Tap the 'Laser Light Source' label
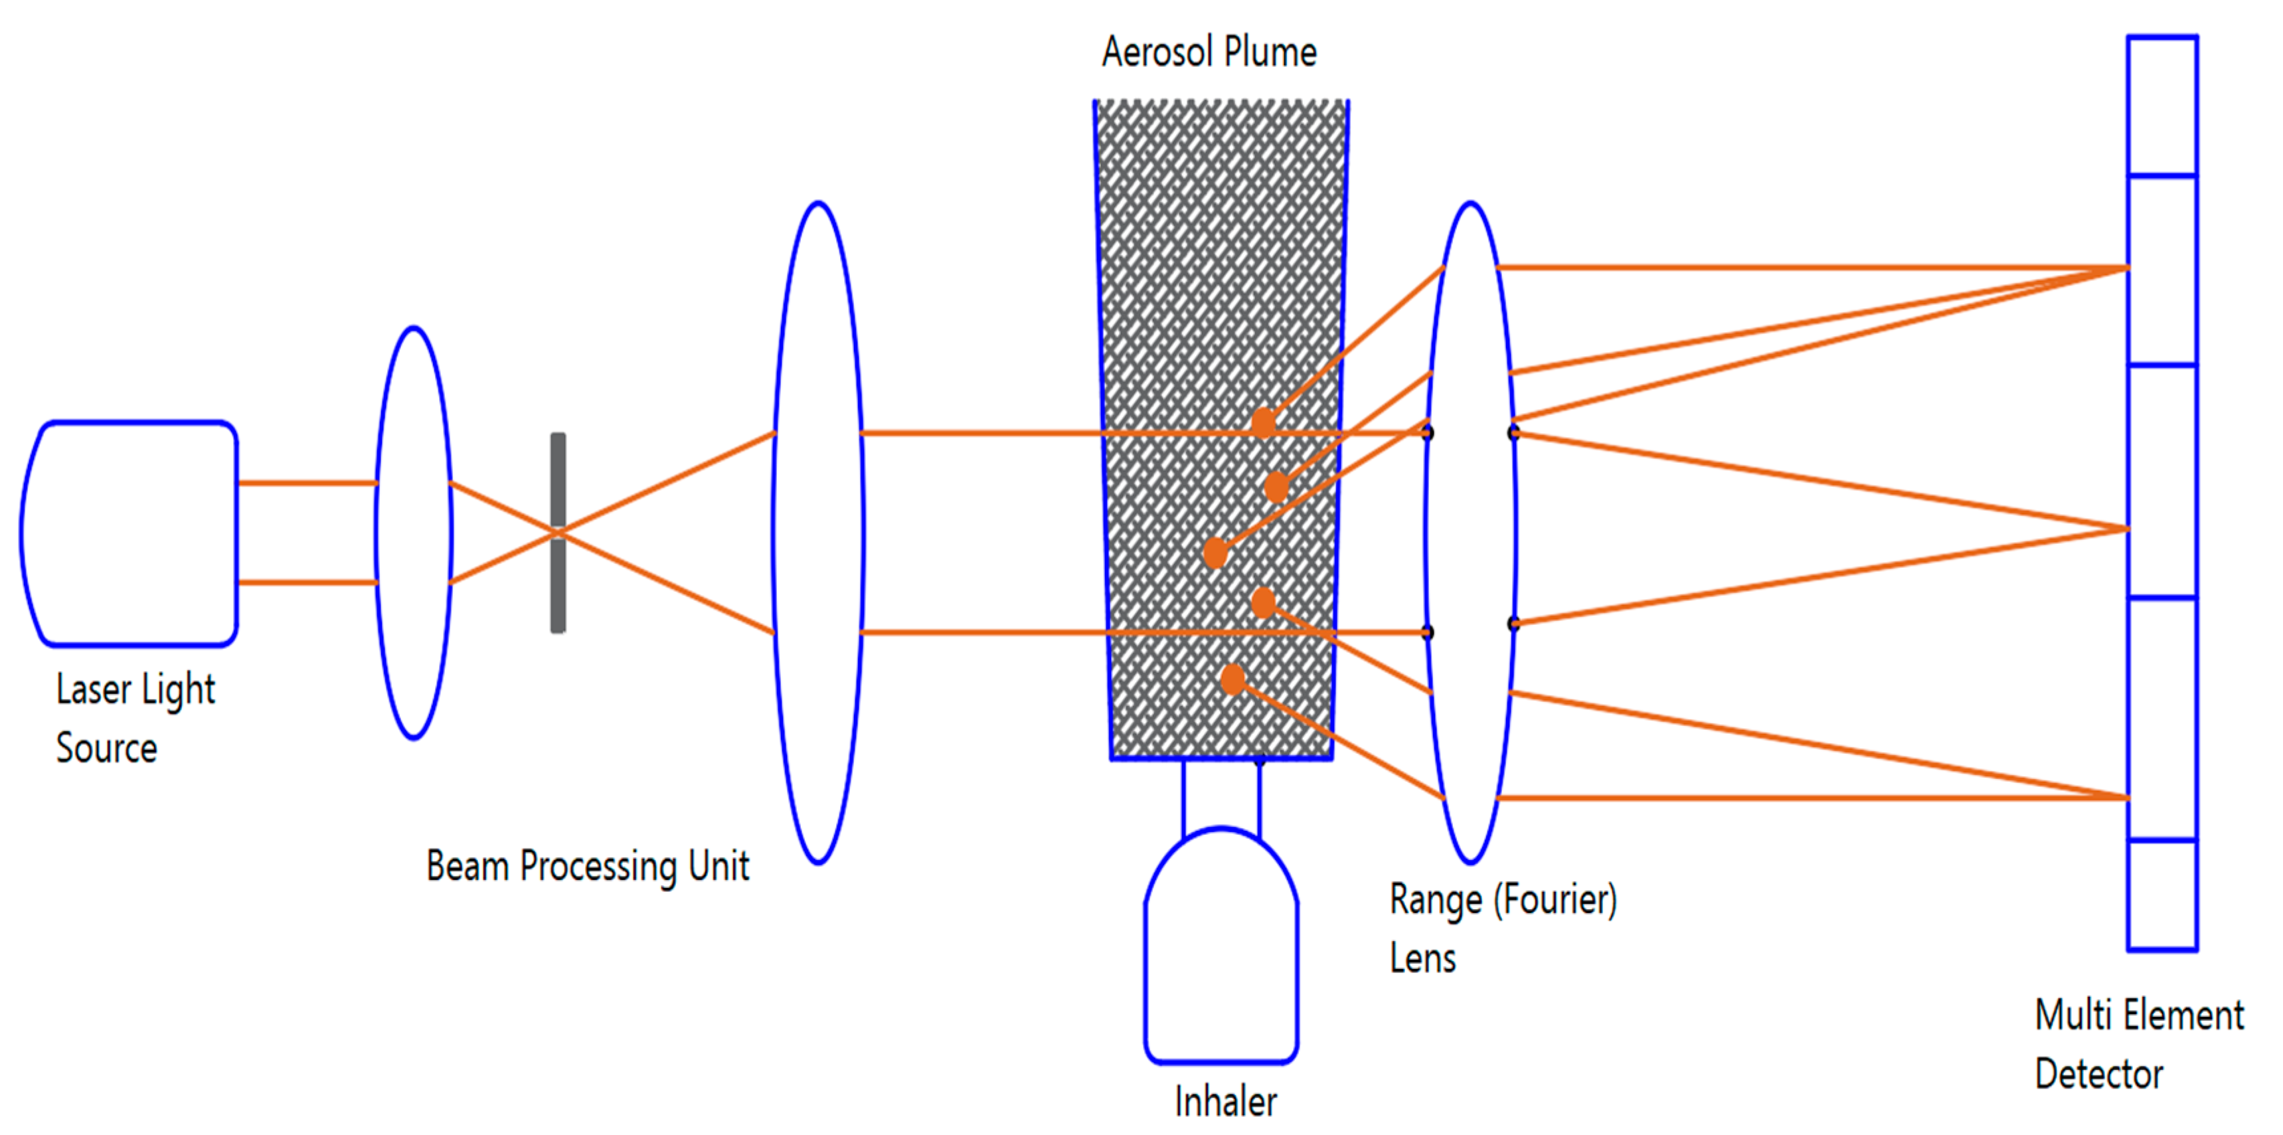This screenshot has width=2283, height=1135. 135,718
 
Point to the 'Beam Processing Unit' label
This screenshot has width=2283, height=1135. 588,865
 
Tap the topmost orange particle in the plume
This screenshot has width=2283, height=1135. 1264,422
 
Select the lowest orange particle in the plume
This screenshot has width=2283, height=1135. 1232,679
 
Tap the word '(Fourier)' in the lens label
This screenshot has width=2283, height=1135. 1555,900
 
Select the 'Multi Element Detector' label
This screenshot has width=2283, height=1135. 2138,1044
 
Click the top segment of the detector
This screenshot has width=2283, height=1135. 2162,106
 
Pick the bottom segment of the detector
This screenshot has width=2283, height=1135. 2162,894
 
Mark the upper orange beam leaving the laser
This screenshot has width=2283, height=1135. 307,483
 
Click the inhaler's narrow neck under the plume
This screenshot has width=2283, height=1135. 1221,798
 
